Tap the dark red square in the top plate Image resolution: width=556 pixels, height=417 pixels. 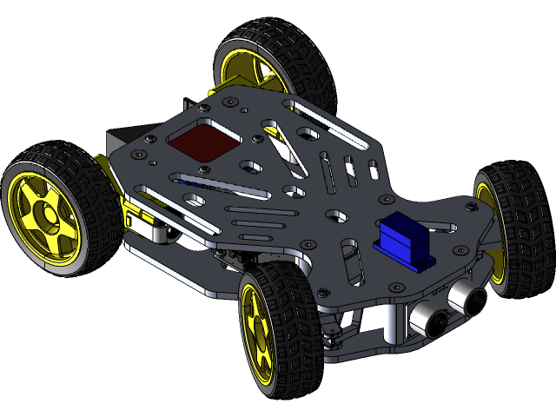(203, 141)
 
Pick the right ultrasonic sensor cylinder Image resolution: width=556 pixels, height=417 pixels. (469, 299)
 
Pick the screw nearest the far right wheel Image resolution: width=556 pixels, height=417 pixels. (472, 206)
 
